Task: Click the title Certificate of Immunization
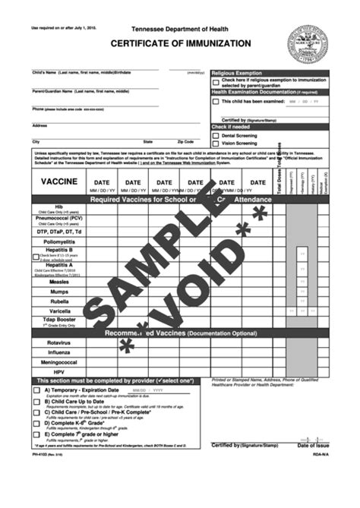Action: (180, 44)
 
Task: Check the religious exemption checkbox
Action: (216, 80)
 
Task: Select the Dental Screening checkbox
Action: (216, 135)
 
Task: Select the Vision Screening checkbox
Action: (216, 143)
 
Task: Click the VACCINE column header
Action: (58, 182)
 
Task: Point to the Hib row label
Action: (58, 207)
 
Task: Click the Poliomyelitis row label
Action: (58, 241)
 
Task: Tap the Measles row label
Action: (58, 281)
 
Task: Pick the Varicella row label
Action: (58, 311)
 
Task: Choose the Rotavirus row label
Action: (58, 342)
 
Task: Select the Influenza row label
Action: (58, 352)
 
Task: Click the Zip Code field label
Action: (186, 142)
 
